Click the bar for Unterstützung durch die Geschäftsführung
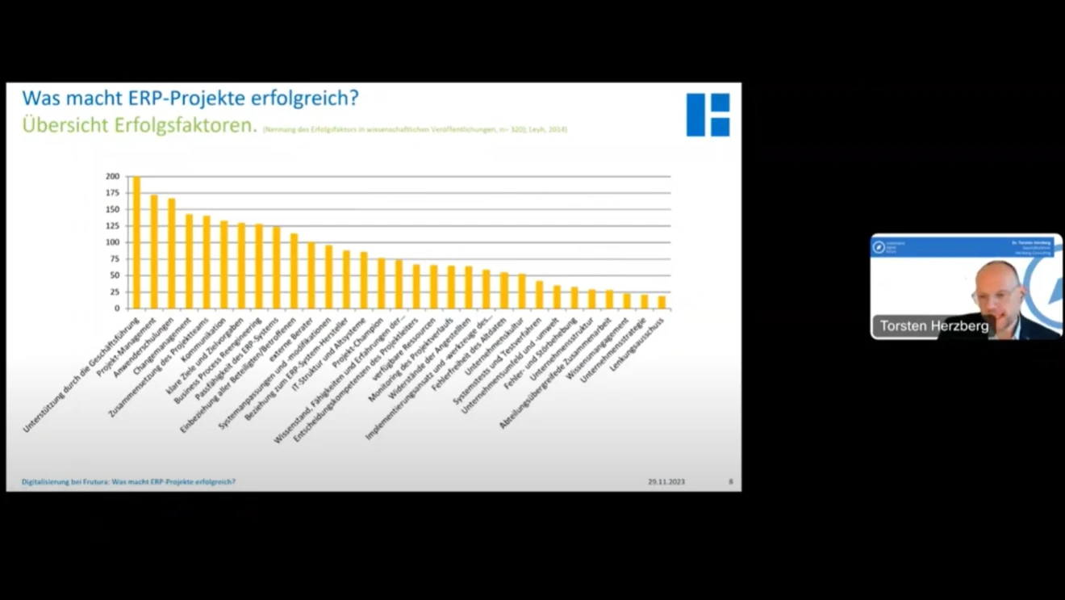(x=136, y=242)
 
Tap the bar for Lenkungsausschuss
(x=662, y=302)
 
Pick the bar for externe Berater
(x=311, y=275)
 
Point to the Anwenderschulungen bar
(x=171, y=254)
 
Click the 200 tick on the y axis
(x=112, y=176)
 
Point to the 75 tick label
(x=114, y=259)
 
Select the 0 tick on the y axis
(x=116, y=308)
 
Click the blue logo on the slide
(x=708, y=115)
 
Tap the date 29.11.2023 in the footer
(x=666, y=482)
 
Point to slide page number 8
(x=731, y=482)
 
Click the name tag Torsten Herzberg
(x=934, y=326)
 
